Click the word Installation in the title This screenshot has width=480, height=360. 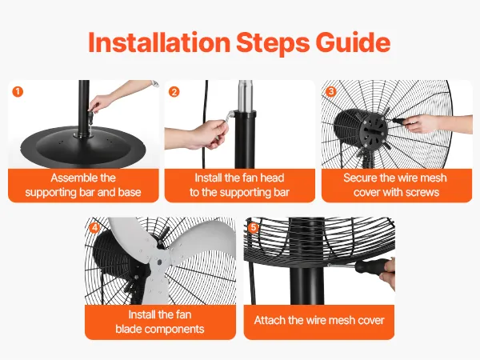pos(159,42)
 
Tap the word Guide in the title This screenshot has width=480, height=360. pos(353,42)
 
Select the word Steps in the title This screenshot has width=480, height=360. pos(273,43)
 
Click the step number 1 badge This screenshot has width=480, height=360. pos(18,91)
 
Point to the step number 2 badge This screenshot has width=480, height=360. pos(174,92)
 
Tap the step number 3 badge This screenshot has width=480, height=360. pos(331,91)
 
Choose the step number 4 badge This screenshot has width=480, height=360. pos(94,228)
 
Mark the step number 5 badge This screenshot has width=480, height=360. pos(253,228)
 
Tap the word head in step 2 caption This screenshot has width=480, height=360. pos(273,178)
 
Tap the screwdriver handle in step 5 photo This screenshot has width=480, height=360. pos(373,266)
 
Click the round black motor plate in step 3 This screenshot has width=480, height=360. pos(374,131)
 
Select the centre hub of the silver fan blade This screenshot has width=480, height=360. pos(159,262)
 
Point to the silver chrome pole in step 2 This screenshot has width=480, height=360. pos(246,97)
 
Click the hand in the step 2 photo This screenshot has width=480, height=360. pos(203,134)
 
